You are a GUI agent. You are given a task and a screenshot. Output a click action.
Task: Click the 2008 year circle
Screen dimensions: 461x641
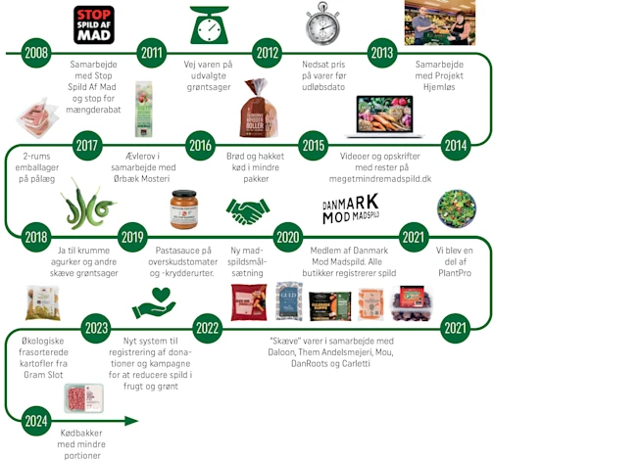pyautogui.click(x=37, y=53)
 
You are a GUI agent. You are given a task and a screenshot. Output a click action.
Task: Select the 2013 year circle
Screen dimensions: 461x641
pyautogui.click(x=381, y=53)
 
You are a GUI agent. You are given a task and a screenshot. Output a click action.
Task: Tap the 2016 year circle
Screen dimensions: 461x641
pyautogui.click(x=200, y=146)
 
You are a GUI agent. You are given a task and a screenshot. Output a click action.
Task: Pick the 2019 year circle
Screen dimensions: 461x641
pyautogui.click(x=132, y=236)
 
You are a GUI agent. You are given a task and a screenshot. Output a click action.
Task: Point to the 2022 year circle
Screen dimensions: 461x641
pyautogui.click(x=207, y=328)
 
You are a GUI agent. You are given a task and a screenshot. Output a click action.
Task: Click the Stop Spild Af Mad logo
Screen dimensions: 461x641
pyautogui.click(x=94, y=24)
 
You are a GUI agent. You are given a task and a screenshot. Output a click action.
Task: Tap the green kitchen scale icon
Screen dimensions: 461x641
pyautogui.click(x=211, y=24)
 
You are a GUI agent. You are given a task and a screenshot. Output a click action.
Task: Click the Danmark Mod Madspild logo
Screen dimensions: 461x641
pyautogui.click(x=350, y=208)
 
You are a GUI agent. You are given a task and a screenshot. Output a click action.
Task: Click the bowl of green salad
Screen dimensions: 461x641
pyautogui.click(x=456, y=208)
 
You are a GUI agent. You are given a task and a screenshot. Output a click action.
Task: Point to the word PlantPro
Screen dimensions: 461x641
pyautogui.click(x=455, y=272)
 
